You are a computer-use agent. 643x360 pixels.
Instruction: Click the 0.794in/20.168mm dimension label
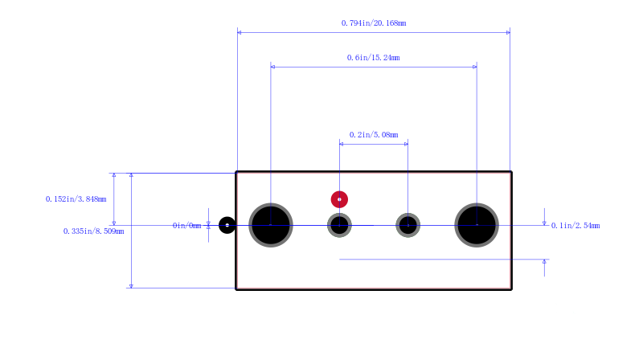coord(374,23)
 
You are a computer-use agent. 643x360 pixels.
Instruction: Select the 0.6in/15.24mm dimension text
coord(373,58)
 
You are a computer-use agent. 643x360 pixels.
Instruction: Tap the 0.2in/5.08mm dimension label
coord(374,135)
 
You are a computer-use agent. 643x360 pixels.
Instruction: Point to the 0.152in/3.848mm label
coord(76,199)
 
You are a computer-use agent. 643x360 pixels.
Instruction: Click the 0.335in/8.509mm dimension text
coord(93,231)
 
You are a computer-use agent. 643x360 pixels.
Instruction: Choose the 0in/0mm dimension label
coord(187,226)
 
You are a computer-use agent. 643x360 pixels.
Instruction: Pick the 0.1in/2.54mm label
coord(575,226)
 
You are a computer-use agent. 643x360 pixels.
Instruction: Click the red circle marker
coord(339,199)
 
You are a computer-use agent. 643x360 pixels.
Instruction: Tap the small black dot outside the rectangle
coord(227,225)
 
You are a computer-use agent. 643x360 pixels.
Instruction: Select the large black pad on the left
coord(271,225)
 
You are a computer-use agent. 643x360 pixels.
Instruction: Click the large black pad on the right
coord(477,225)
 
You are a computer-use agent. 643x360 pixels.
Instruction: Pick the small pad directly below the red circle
coord(339,225)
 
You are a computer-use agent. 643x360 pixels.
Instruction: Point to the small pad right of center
coord(408,225)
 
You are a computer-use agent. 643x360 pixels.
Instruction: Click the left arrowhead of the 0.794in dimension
coord(239,32)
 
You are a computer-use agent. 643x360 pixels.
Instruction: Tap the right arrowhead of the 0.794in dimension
coord(508,32)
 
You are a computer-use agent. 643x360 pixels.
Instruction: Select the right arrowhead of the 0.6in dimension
coord(475,67)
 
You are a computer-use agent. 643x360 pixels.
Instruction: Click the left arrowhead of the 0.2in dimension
coord(341,144)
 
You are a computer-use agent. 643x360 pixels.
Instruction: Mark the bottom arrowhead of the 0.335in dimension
coord(131,286)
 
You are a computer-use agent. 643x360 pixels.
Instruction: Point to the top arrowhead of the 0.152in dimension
coord(114,175)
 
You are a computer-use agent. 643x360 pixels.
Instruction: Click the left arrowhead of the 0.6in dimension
coord(272,67)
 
